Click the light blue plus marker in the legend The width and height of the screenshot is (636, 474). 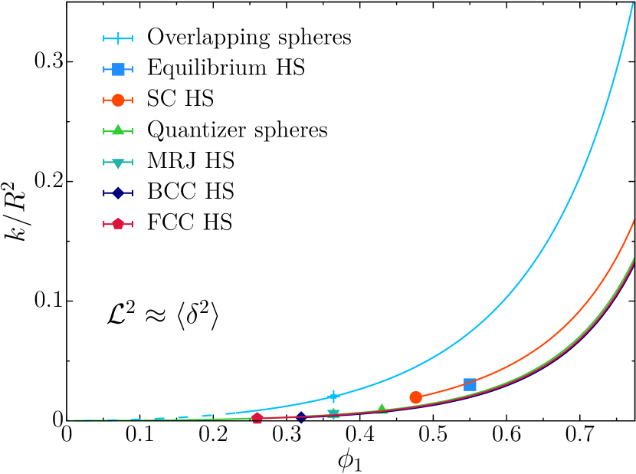[118, 38]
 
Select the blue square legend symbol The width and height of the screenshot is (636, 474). [118, 69]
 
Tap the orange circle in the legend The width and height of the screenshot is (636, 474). [118, 100]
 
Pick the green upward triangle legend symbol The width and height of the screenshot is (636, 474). [118, 130]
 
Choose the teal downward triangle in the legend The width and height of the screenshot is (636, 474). [118, 163]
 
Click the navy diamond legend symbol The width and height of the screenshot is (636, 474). [118, 193]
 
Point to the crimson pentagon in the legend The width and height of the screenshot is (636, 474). [118, 223]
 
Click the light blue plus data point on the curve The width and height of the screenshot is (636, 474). [333, 397]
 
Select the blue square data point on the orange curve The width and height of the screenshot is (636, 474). [470, 384]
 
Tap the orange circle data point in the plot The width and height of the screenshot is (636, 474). [415, 397]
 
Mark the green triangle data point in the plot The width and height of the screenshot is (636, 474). [382, 410]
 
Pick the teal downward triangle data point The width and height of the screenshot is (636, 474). [333, 413]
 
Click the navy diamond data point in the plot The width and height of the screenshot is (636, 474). [301, 416]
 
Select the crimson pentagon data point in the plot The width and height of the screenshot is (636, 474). [257, 418]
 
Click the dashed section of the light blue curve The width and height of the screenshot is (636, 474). [183, 417]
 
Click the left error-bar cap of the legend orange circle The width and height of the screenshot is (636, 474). [104, 100]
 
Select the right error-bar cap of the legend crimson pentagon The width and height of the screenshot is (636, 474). [132, 223]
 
